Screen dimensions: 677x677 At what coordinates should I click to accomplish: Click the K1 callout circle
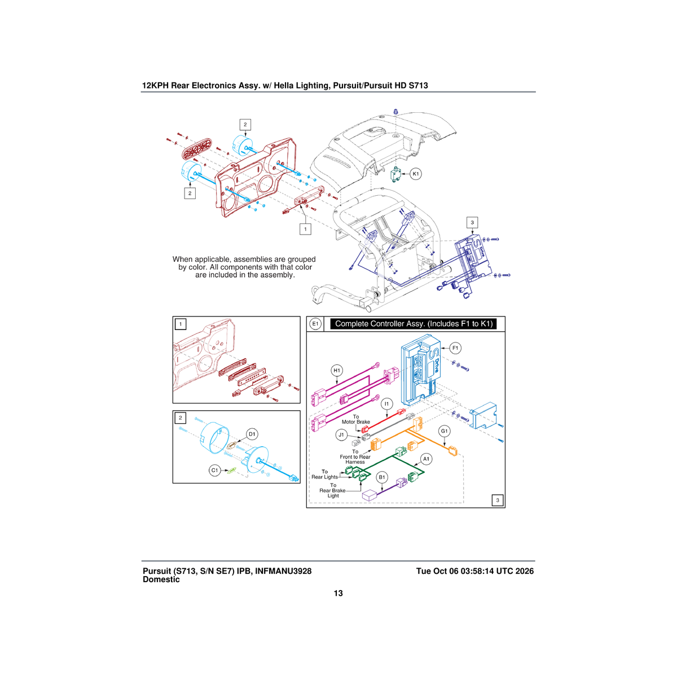click(416, 174)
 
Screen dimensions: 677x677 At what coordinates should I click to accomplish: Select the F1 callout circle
click(455, 348)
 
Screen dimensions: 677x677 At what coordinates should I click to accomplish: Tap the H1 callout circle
click(337, 370)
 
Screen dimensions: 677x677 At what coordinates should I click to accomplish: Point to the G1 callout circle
click(445, 431)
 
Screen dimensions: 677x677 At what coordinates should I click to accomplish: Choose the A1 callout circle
click(426, 459)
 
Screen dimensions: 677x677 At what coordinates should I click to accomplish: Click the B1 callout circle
click(382, 477)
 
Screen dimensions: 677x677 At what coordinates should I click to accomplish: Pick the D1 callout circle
click(252, 434)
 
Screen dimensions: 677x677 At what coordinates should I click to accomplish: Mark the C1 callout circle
click(214, 471)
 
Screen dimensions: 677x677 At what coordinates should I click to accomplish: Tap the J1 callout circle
click(341, 435)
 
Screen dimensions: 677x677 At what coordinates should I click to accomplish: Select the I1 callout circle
click(387, 404)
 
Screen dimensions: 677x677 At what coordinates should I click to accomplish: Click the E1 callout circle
click(315, 324)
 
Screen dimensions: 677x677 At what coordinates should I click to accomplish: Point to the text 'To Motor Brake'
click(356, 419)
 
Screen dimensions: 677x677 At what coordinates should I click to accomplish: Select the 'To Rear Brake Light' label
click(333, 490)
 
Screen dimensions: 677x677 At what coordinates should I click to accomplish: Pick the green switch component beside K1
click(396, 174)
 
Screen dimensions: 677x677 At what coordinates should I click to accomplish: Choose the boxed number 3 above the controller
click(472, 222)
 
